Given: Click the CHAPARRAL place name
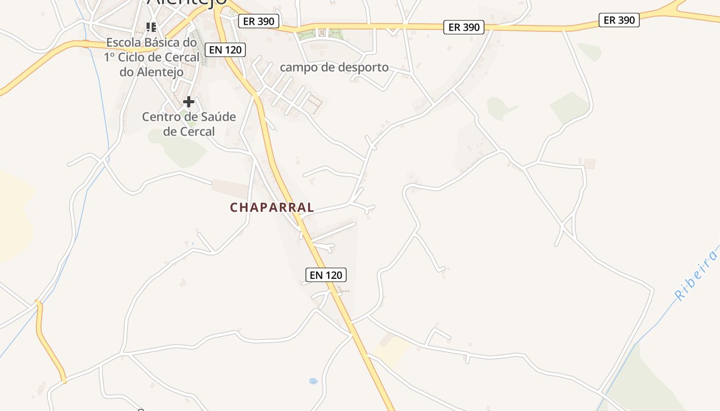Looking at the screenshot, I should [272, 208].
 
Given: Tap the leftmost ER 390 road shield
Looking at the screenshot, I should [259, 21].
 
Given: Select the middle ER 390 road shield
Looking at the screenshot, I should [464, 27].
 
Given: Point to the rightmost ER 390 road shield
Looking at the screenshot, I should [619, 20].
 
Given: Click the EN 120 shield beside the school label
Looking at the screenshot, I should [225, 50].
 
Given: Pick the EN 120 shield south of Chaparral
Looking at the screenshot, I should [326, 275].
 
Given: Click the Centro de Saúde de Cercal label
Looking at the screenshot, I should [189, 124].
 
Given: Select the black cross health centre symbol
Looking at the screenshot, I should [189, 101].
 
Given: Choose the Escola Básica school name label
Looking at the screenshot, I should [152, 57].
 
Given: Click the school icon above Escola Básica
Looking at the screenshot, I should [151, 27].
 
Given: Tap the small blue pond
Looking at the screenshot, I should [313, 381].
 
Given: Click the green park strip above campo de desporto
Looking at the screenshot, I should [320, 34].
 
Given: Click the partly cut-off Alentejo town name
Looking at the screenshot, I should [187, 3].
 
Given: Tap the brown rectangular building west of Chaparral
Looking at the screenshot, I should [229, 189].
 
